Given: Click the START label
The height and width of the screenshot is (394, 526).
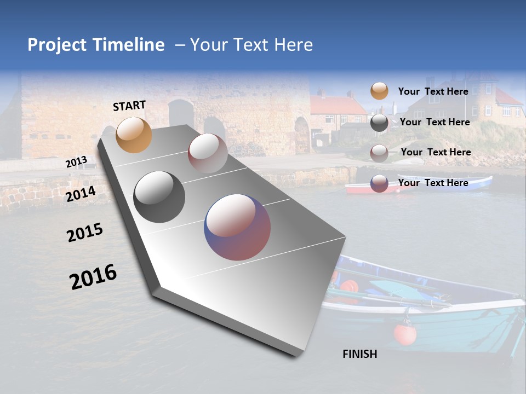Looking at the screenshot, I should (x=129, y=105).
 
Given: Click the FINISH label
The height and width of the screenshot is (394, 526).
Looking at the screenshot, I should (x=359, y=354).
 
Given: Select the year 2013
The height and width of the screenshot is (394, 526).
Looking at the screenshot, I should (x=76, y=161).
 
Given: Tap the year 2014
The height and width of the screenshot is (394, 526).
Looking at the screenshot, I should (x=81, y=194).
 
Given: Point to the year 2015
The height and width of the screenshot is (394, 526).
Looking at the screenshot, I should (x=84, y=233).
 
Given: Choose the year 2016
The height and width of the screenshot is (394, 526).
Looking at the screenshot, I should (x=93, y=277).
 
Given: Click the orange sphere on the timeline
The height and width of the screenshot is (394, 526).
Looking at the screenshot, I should (x=134, y=135).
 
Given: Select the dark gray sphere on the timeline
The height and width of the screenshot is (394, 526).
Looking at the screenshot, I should (x=159, y=197).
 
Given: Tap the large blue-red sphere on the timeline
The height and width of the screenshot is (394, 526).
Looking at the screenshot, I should (x=237, y=227).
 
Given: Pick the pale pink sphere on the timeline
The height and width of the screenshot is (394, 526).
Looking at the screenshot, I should (x=208, y=153).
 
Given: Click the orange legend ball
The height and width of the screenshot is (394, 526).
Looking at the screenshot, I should (x=379, y=91).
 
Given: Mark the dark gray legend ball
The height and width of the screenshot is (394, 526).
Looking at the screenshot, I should (x=379, y=122).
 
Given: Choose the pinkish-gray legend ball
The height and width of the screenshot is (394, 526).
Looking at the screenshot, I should (x=379, y=153).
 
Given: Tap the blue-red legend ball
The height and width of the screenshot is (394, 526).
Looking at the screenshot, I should (x=379, y=183).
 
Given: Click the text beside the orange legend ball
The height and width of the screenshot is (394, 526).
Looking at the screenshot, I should (x=433, y=91).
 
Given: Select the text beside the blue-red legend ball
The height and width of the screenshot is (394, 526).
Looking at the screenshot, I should (x=433, y=183).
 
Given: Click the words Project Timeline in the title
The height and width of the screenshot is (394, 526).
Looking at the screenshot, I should (x=96, y=45).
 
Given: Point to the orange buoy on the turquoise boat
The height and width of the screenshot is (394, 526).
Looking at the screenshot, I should (x=405, y=334).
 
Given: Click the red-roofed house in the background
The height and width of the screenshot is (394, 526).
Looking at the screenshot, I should (x=338, y=112).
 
